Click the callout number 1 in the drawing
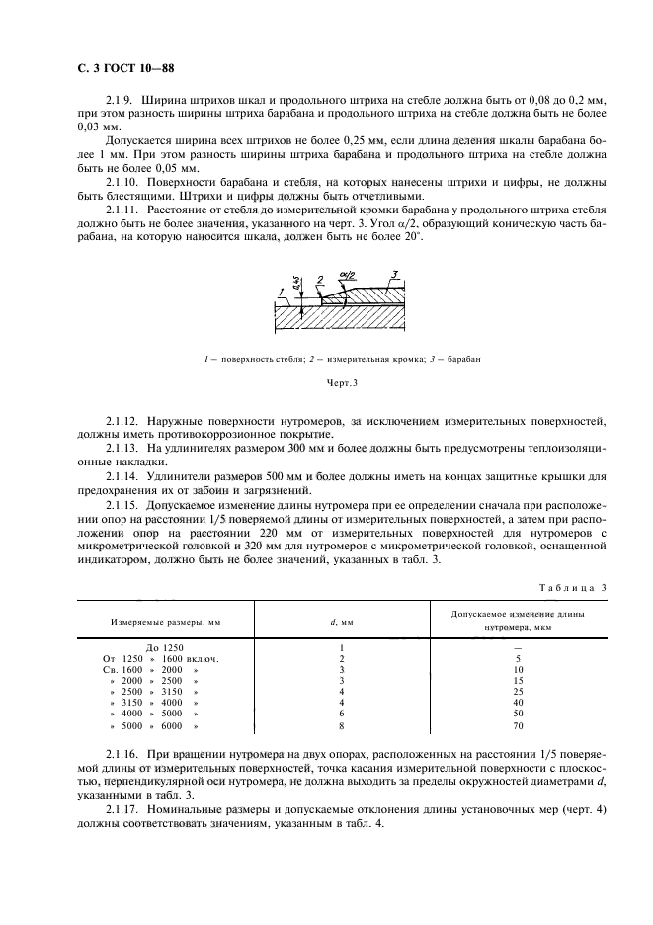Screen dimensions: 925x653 pos(282,290)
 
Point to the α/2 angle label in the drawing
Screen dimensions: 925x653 pos(346,277)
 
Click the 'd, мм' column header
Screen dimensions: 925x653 pos(341,622)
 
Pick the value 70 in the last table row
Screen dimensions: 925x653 pos(517,726)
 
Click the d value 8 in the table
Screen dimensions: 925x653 pos(341,726)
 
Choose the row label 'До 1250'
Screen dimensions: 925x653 pos(165,646)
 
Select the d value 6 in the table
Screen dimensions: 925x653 pos(341,713)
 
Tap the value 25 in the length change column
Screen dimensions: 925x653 pos(517,691)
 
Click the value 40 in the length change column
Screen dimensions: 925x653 pos(517,702)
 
